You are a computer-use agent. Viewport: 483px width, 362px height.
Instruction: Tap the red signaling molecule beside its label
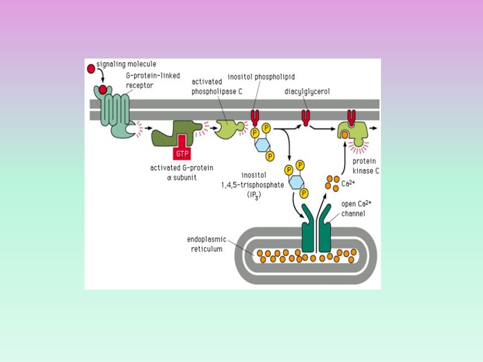click(x=91, y=68)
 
